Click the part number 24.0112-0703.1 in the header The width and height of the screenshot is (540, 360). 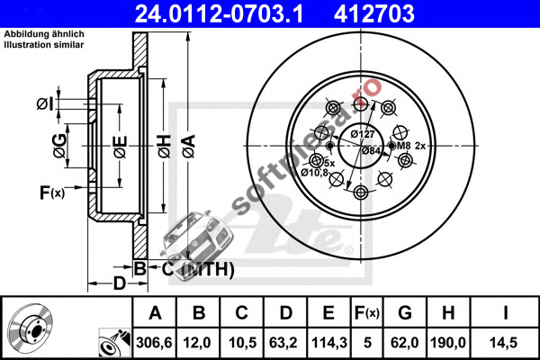click(x=219, y=13)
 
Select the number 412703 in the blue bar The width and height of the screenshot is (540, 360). click(x=374, y=13)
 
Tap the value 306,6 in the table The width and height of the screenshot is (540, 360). click(x=154, y=342)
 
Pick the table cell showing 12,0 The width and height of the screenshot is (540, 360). click(x=197, y=342)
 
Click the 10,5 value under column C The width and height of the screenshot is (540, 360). click(x=242, y=342)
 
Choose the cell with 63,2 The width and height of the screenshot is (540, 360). click(x=283, y=342)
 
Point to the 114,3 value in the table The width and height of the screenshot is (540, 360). click(x=328, y=342)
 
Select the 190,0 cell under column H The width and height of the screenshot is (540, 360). click(x=448, y=342)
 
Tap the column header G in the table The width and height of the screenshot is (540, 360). click(x=405, y=313)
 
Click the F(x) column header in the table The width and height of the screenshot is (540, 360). click(x=367, y=313)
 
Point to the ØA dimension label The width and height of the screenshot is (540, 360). click(x=189, y=147)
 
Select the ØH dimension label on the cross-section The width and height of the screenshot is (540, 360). click(x=165, y=147)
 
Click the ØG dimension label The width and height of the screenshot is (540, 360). click(x=59, y=146)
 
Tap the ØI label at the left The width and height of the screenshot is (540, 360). click(x=46, y=103)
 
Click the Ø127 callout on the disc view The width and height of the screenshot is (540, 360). click(x=363, y=134)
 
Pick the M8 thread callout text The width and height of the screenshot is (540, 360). click(x=403, y=146)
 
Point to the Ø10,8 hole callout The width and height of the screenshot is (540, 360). click(x=314, y=172)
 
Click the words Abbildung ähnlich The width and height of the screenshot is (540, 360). click(x=44, y=34)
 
